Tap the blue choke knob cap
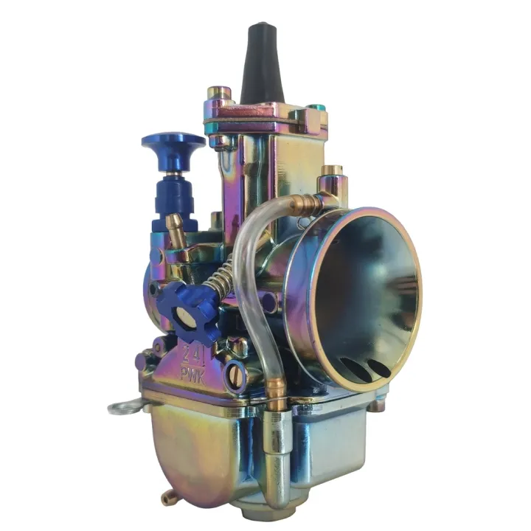coord(174,140)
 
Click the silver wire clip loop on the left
coord(122,406)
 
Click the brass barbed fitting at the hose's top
coord(306,202)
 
